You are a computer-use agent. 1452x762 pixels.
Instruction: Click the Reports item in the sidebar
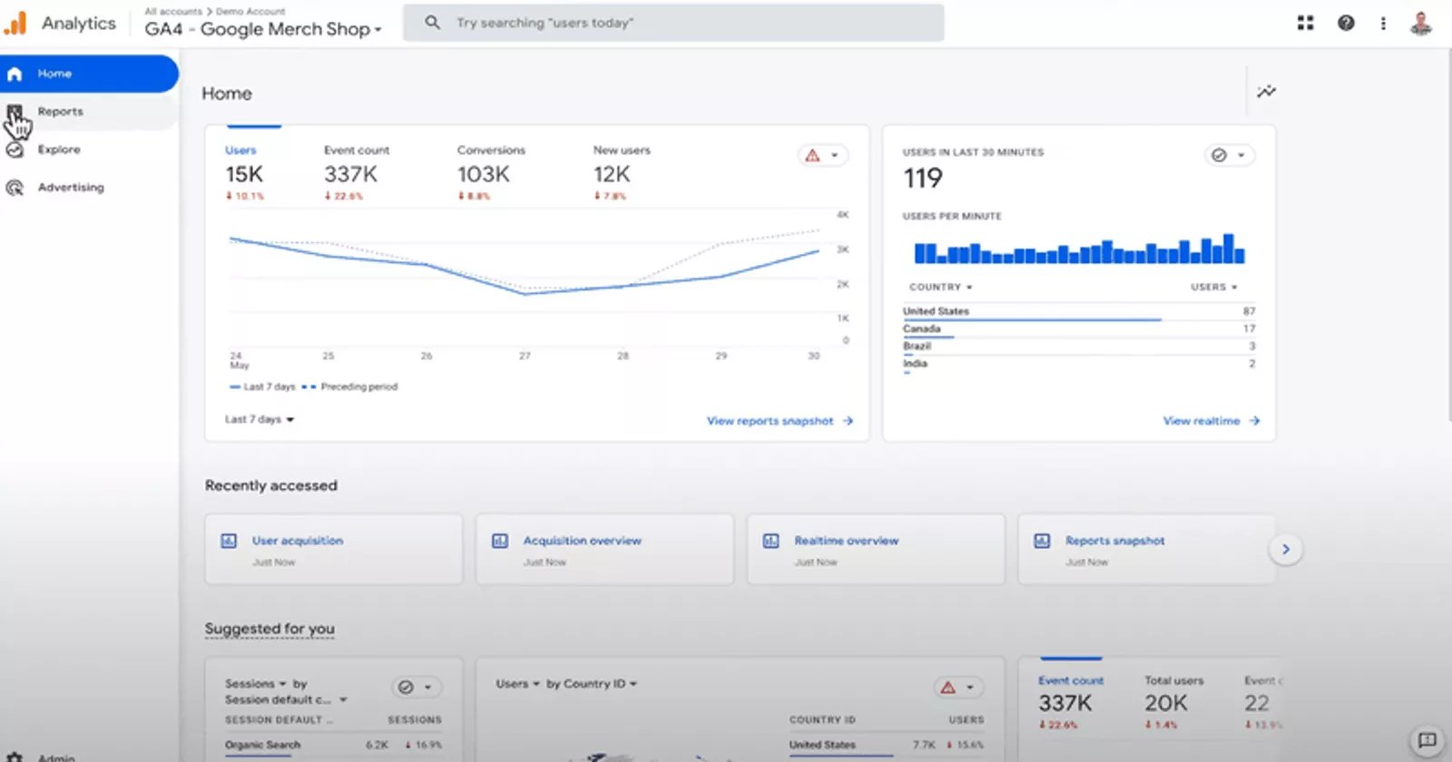tap(60, 112)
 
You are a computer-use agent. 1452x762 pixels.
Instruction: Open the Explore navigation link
tap(59, 150)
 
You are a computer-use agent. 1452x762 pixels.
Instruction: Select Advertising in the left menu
tap(70, 188)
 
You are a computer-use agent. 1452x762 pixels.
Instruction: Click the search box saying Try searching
tap(672, 23)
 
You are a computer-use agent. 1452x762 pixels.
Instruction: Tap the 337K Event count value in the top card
tap(350, 174)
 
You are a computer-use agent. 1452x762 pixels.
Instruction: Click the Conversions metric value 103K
tap(483, 174)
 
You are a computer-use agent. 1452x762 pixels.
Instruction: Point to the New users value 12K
tap(612, 174)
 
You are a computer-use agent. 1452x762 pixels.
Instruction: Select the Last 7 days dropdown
tap(260, 419)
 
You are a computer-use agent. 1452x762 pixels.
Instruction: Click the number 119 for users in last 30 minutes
tap(923, 179)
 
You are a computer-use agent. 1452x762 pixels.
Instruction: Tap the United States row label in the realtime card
tap(936, 311)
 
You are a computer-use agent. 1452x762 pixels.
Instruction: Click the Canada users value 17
tap(1249, 328)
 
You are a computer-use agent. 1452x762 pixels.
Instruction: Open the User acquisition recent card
tap(298, 541)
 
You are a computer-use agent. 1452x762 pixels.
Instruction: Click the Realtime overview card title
tap(846, 541)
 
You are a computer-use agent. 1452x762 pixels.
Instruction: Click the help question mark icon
tap(1346, 23)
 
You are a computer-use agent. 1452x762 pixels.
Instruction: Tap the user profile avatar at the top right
tap(1420, 23)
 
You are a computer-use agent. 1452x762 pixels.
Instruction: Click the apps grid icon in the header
tap(1305, 23)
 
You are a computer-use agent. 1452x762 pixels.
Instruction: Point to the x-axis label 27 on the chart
tap(525, 356)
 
